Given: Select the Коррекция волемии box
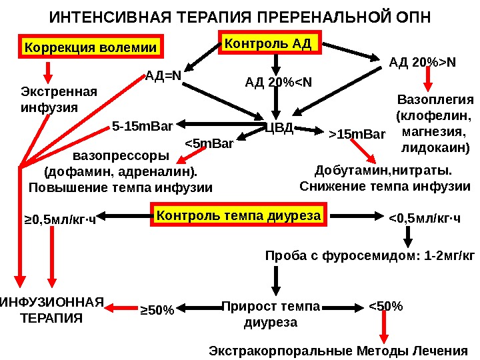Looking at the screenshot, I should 90,48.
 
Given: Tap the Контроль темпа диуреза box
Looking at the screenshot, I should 238,216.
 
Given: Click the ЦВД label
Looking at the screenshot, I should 279,127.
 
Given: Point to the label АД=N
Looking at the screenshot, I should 163,75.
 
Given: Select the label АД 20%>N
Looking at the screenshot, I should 423,63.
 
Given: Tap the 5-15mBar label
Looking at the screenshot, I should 142,125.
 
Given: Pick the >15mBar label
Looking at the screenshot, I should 357,135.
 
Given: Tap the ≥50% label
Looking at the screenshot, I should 157,309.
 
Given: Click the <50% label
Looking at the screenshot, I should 385,306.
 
